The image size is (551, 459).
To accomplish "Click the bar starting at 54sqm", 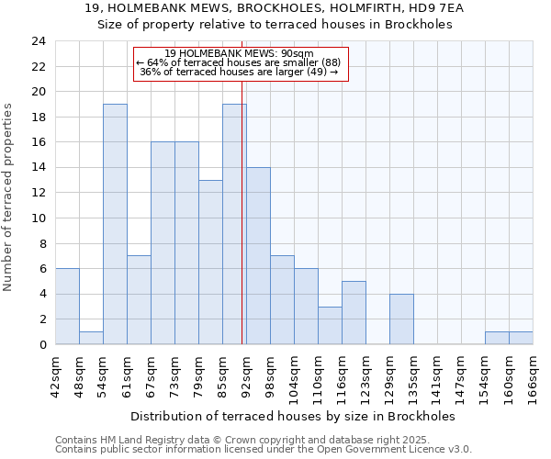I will (115, 224).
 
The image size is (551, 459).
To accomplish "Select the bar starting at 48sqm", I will (91, 338).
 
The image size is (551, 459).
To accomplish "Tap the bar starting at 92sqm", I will (258, 256).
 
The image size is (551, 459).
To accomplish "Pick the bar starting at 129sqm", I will (401, 319).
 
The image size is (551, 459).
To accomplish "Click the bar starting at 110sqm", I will (330, 326).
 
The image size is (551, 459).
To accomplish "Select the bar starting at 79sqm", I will (210, 263).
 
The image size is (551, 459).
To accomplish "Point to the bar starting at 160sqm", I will (521, 338).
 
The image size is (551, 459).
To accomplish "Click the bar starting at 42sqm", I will (67, 307).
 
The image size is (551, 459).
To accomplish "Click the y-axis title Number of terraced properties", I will (8, 196).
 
